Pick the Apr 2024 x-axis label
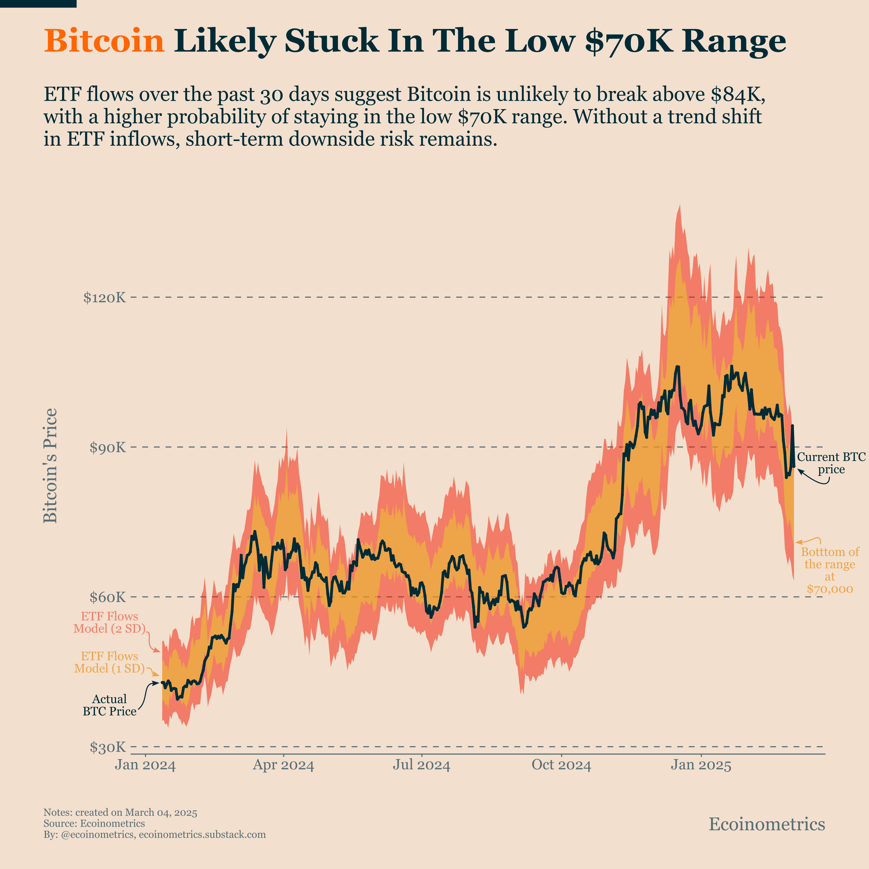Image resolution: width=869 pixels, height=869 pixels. (283, 765)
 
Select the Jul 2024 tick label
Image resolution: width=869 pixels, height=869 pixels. (421, 765)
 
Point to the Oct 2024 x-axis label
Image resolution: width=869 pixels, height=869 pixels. (561, 765)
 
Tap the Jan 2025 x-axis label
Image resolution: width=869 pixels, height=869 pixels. (701, 765)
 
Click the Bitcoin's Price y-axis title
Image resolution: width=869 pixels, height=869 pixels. (50, 466)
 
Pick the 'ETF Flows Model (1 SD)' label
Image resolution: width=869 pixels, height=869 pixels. (110, 662)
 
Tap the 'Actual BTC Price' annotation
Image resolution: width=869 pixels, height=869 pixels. (110, 705)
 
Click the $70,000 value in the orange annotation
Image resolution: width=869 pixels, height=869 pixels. (830, 589)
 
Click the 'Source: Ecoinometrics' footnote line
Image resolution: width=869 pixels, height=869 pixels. (94, 824)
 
